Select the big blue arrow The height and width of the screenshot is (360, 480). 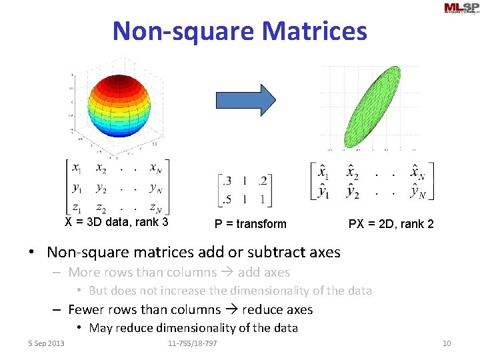pyautogui.click(x=245, y=100)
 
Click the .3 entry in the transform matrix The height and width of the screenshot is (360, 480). pyautogui.click(x=226, y=181)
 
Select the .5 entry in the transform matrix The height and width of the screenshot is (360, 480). pyautogui.click(x=226, y=199)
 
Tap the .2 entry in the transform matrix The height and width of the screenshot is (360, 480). pyautogui.click(x=264, y=181)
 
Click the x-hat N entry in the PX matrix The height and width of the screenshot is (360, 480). pyautogui.click(x=417, y=173)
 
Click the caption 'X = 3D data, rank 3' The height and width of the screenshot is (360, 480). pyautogui.click(x=116, y=223)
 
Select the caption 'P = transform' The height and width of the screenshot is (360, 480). pyautogui.click(x=250, y=224)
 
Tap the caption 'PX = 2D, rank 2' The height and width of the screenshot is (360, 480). pyautogui.click(x=391, y=224)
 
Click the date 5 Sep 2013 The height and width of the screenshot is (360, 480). pyautogui.click(x=47, y=343)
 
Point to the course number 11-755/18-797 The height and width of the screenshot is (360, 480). pyautogui.click(x=192, y=343)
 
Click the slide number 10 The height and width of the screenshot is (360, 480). pyautogui.click(x=447, y=343)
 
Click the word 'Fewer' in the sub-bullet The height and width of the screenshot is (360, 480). pyautogui.click(x=86, y=309)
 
